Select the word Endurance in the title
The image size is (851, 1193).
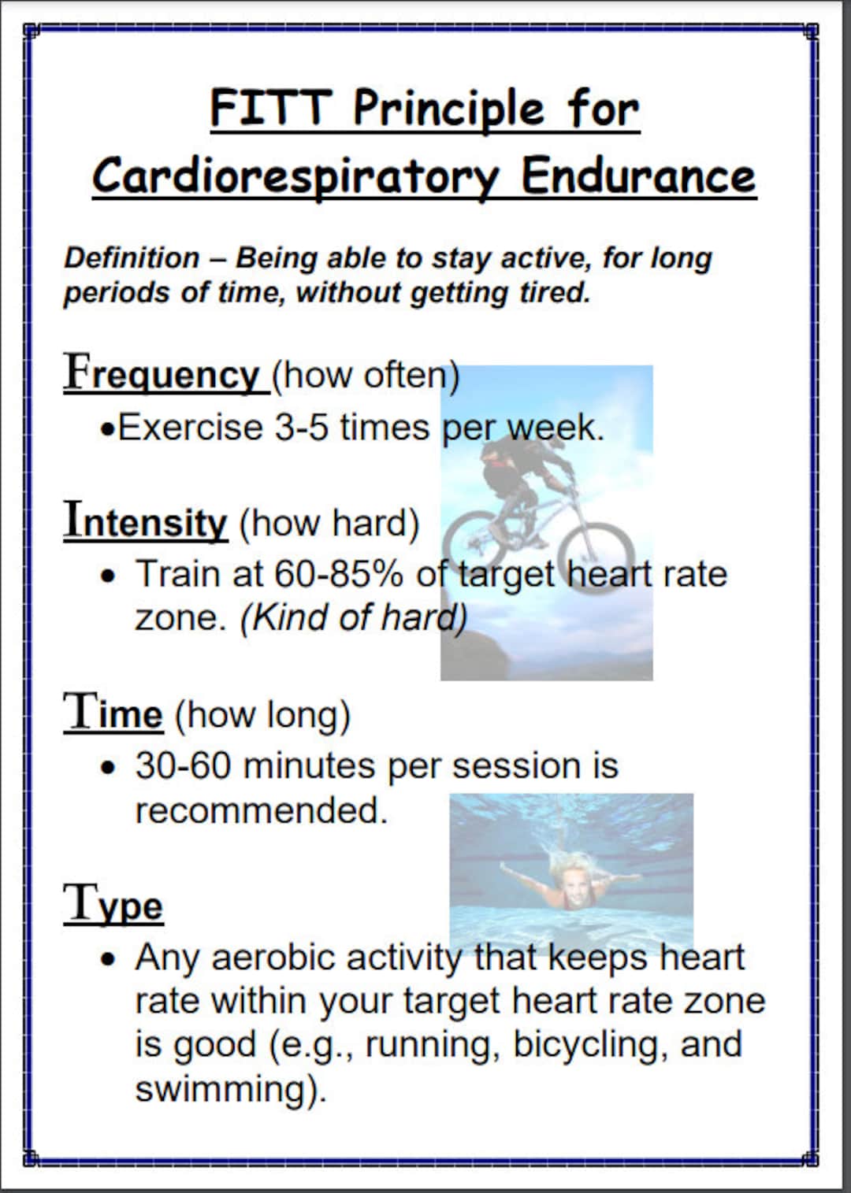point(638,176)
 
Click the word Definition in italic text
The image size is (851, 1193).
point(132,258)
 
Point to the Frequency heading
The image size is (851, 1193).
point(162,374)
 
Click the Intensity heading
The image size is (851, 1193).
point(146,521)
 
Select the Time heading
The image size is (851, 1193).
point(113,713)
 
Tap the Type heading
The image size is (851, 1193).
point(113,905)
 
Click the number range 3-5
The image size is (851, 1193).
point(301,428)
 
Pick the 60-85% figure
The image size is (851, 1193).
point(339,574)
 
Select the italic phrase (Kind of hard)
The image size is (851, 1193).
point(354,618)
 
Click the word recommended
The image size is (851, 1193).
point(261,810)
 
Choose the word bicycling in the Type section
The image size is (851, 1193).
point(590,1045)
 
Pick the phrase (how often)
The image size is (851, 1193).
point(366,376)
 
